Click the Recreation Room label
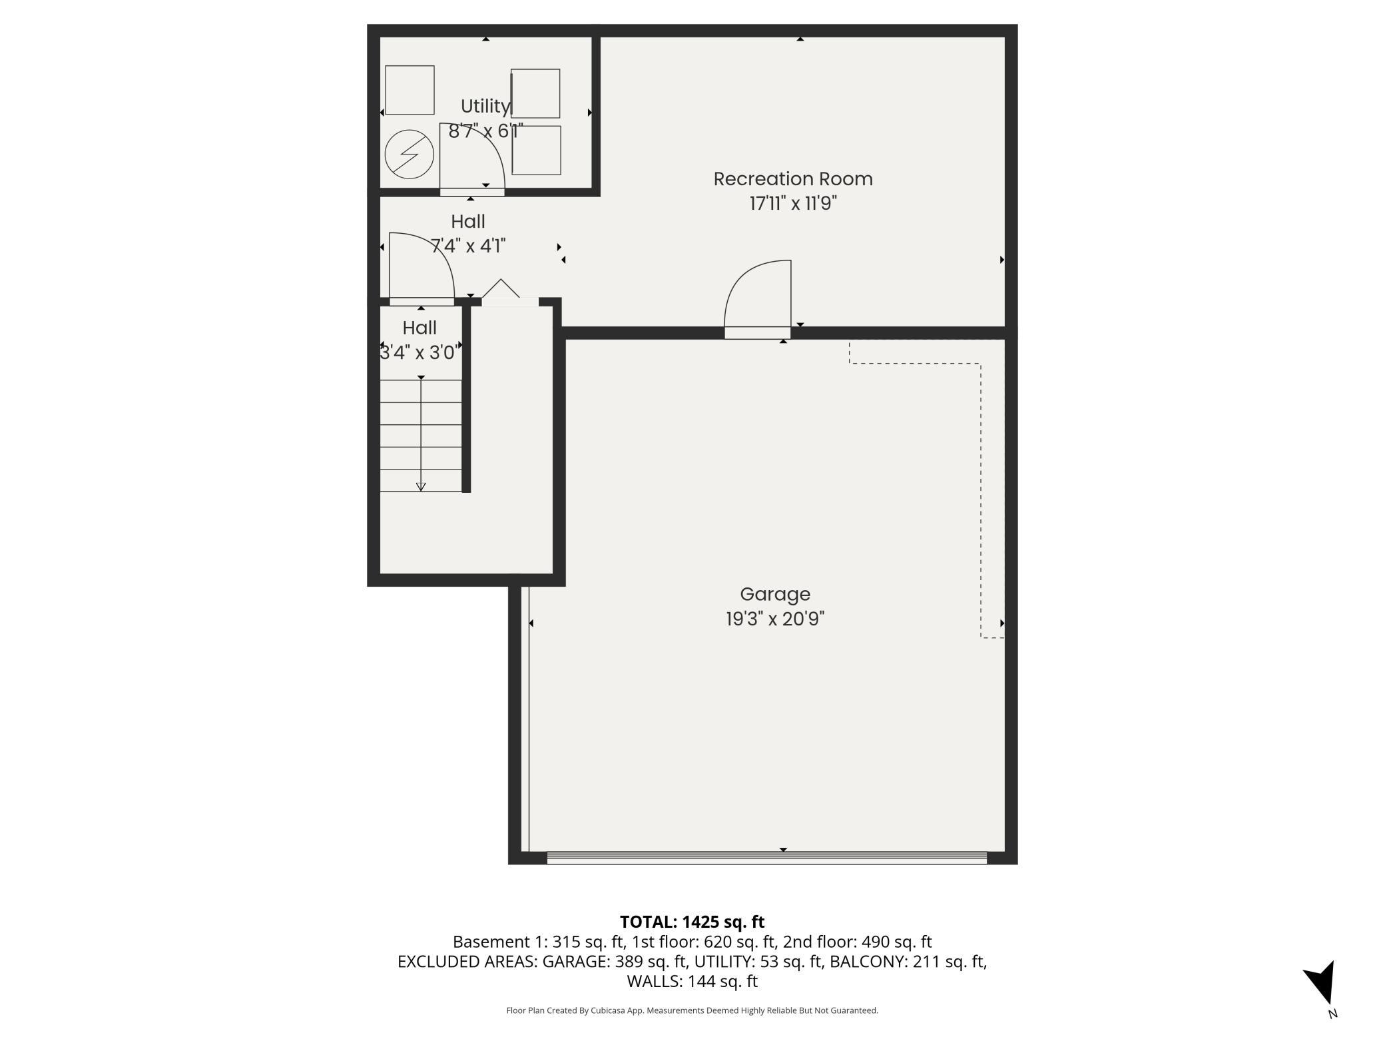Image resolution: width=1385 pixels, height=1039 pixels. point(792,178)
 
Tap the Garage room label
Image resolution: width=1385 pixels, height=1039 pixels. point(774,594)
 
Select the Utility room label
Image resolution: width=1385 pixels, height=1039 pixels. point(485,106)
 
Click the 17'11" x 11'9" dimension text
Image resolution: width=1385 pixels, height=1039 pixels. point(792,203)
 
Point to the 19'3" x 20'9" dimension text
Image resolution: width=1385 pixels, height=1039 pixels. point(774,619)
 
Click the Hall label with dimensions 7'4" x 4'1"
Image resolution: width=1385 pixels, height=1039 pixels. point(467,221)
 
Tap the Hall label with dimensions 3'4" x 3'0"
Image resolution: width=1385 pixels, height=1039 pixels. point(419,328)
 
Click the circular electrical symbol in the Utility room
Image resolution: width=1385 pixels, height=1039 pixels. point(410,154)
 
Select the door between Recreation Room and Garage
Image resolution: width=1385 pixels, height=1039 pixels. point(758,300)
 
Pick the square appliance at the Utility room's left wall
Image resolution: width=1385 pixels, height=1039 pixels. point(410,90)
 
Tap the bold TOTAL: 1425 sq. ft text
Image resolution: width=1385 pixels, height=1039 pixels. point(692,922)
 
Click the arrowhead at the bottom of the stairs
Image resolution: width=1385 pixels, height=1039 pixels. point(421,487)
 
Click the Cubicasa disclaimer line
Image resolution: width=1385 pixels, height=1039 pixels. point(692,1010)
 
